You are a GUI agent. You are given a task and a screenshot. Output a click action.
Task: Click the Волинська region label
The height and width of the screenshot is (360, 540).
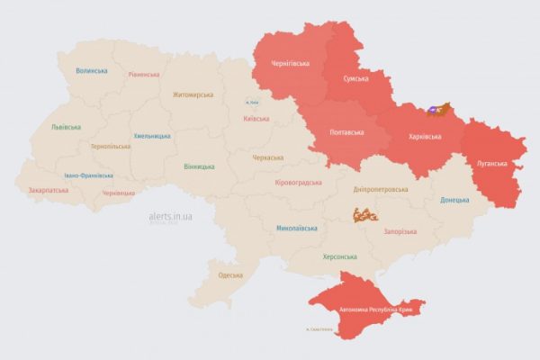[92, 70]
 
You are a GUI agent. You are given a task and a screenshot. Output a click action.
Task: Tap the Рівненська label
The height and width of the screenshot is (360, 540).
[144, 75]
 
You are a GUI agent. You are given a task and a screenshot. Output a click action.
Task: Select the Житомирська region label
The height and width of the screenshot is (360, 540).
[193, 94]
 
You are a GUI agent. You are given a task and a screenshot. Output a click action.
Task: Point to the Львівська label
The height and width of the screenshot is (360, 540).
[67, 127]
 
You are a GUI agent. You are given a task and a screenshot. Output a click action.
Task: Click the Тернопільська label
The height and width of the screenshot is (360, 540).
[111, 146]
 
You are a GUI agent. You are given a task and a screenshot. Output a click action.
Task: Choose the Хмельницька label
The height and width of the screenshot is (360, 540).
[152, 136]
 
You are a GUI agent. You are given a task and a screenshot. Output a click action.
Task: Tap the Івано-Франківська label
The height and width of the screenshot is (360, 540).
[90, 175]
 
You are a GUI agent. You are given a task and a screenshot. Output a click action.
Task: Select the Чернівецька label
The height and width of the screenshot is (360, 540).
[119, 193]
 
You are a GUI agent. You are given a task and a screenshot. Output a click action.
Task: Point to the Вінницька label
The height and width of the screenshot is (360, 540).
[199, 166]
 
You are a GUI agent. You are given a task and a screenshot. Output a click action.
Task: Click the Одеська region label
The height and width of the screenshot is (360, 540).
[230, 274]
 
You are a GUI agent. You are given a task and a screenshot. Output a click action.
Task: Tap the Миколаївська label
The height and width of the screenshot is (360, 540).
[296, 228]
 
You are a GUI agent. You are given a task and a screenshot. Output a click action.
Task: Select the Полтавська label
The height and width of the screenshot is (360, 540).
[346, 132]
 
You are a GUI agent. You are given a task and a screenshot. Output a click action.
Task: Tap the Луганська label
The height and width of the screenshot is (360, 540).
[492, 164]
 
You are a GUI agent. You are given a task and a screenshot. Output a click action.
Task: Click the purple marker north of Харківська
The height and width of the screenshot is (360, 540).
[433, 110]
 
